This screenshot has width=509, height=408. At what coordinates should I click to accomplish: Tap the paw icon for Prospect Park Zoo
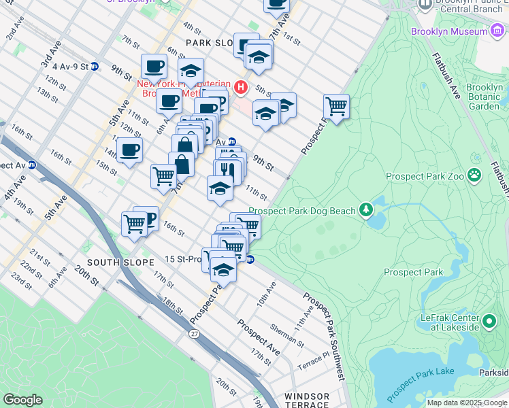474,176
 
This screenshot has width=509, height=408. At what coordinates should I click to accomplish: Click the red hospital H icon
240,87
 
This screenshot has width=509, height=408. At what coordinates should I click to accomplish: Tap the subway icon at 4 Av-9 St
95,67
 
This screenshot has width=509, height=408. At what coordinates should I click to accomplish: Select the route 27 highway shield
195,334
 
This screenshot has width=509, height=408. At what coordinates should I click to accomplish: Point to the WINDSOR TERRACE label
307,400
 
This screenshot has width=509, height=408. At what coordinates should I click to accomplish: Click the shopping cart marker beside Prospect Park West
336,106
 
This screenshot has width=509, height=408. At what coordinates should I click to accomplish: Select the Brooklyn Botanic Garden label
484,97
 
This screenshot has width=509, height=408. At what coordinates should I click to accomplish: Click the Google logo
22,400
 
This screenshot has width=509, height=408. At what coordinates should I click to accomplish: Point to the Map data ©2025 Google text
467,403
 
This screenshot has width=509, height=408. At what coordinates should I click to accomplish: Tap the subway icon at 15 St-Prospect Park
250,259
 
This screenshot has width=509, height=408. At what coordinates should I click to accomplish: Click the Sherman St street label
282,330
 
